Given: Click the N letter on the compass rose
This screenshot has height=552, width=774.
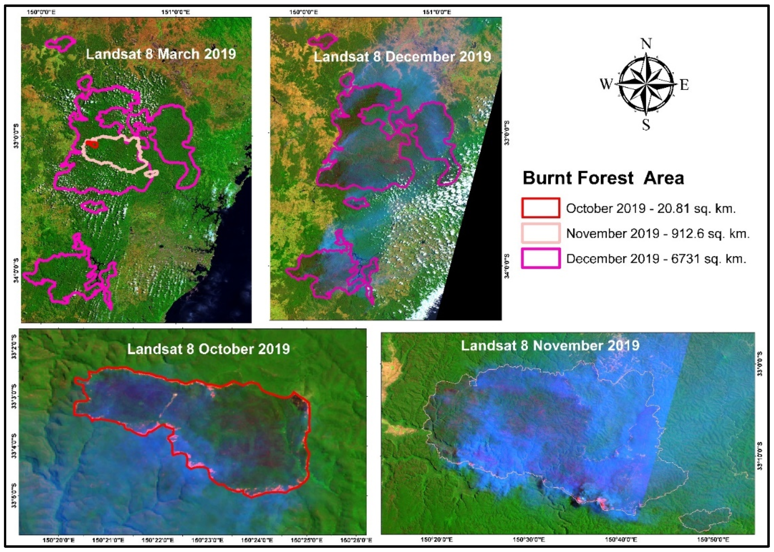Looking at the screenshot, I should (646, 44).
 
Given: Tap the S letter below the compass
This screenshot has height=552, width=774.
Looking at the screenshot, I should (646, 125).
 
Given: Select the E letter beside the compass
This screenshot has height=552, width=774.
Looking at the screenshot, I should (684, 85).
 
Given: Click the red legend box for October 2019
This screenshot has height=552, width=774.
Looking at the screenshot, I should (540, 208).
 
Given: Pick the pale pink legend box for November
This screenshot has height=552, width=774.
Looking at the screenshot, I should (540, 233).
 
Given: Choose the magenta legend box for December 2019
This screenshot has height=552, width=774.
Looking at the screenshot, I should (540, 258).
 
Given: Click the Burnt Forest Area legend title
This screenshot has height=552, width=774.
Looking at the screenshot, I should (603, 178).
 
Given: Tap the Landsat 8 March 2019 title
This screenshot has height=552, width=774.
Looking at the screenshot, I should (161, 54).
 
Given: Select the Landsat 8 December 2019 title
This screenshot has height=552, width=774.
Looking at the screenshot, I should (402, 56).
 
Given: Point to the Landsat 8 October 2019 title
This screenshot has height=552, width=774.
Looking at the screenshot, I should (208, 349).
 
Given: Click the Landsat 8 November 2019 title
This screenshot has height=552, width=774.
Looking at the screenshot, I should (550, 346).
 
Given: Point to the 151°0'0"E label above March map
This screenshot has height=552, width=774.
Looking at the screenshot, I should (176, 12).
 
